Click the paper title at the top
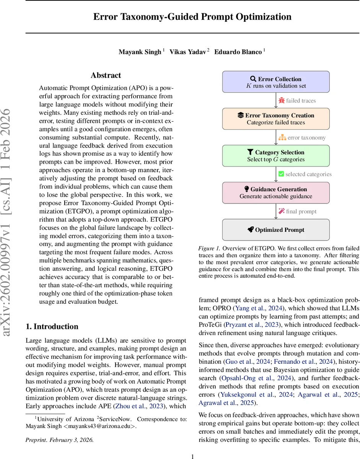tap(192, 17)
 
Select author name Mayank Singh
tap(140, 52)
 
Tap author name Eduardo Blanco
tap(238, 52)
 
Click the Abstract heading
tap(106, 75)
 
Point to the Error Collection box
tap(276, 82)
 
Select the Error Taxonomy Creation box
tap(276, 119)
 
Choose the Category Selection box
tap(276, 156)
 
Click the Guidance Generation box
tap(276, 192)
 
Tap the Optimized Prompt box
tap(276, 230)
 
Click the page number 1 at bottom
tap(192, 456)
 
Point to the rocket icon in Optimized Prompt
tap(250, 230)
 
